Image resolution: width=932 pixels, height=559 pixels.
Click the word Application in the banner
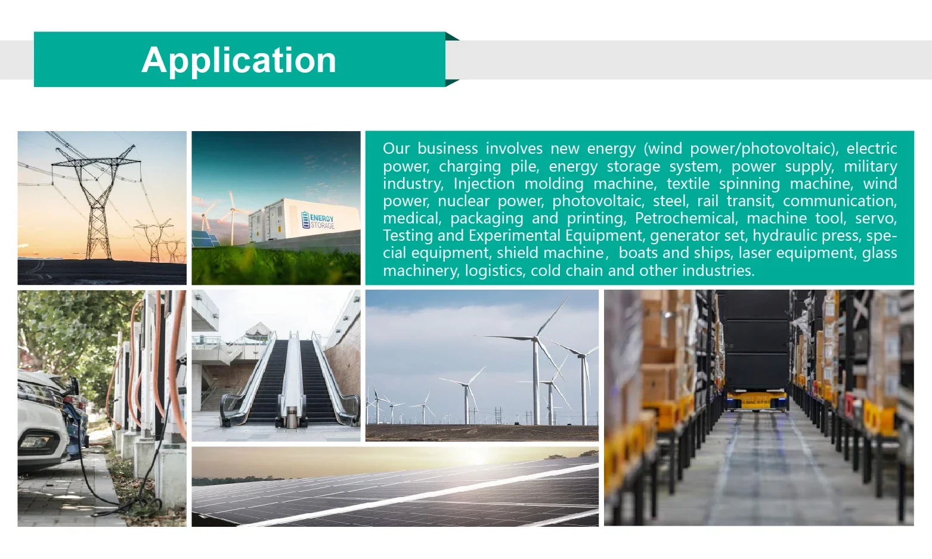coord(239,61)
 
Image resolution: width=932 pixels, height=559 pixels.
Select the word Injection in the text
coord(484,184)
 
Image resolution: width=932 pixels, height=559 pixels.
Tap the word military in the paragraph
coord(870,166)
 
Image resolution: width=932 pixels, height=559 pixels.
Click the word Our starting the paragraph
coord(396,149)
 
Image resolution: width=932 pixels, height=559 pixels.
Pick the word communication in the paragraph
coord(840,201)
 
